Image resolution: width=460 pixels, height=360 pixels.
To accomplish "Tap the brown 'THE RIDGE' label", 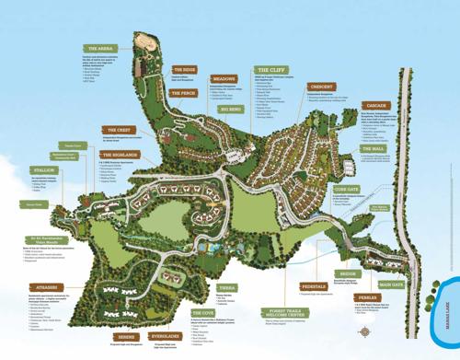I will (x=185, y=69).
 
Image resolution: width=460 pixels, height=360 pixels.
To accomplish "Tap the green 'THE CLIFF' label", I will (x=272, y=70).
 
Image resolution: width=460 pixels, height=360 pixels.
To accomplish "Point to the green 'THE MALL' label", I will (x=374, y=148).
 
